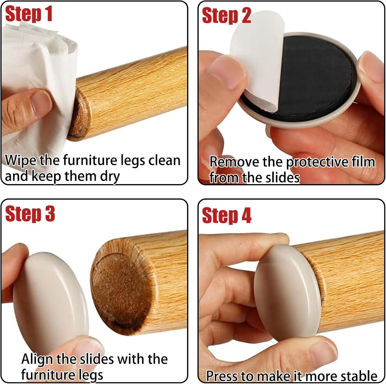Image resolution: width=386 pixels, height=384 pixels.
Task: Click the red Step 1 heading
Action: click(29, 14)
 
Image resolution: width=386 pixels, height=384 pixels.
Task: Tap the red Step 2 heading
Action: click(226, 15)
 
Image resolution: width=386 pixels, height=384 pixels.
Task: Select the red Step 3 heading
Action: click(30, 214)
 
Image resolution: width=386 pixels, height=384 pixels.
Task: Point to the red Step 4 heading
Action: click(227, 215)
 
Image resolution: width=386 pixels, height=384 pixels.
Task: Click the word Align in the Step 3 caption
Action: click(37, 360)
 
